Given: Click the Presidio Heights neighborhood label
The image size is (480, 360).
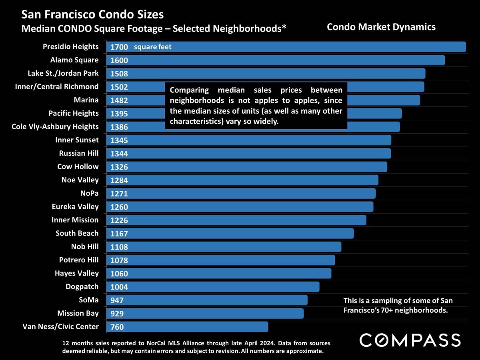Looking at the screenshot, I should pyautogui.click(x=71, y=47).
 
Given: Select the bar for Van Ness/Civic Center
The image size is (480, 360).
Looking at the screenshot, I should pyautogui.click(x=187, y=327).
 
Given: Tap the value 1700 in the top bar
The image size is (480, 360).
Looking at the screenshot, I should pyautogui.click(x=119, y=47).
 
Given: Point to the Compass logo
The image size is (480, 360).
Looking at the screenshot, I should pyautogui.click(x=410, y=340).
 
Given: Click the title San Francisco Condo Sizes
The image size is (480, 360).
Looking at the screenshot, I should pyautogui.click(x=92, y=15).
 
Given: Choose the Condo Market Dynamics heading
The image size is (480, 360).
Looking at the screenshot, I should pyautogui.click(x=381, y=27).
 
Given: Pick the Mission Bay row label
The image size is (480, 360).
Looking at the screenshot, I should pyautogui.click(x=78, y=313).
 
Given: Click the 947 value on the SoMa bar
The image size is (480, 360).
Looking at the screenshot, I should pyautogui.click(x=117, y=300).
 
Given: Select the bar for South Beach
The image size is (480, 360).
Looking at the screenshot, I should pyautogui.click(x=230, y=233).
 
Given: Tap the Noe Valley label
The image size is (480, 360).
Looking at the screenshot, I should pyautogui.click(x=80, y=180).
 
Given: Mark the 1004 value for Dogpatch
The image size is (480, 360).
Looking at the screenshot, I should pyautogui.click(x=119, y=287).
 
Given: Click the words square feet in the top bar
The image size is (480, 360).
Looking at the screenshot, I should pyautogui.click(x=153, y=47).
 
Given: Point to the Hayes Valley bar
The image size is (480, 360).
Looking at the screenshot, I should pyautogui.click(x=219, y=273).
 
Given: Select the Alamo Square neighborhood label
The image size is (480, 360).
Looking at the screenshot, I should pyautogui.click(x=74, y=60).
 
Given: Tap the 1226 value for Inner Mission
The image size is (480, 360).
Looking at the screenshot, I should pyautogui.click(x=119, y=220).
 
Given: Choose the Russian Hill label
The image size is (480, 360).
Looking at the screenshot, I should pyautogui.click(x=79, y=153).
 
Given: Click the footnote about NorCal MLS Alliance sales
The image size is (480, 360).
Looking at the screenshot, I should pyautogui.click(x=196, y=347).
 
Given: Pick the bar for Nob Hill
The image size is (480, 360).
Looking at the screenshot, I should pyautogui.click(x=224, y=247).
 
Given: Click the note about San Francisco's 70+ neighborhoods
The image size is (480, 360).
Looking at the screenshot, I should pyautogui.click(x=398, y=305).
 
